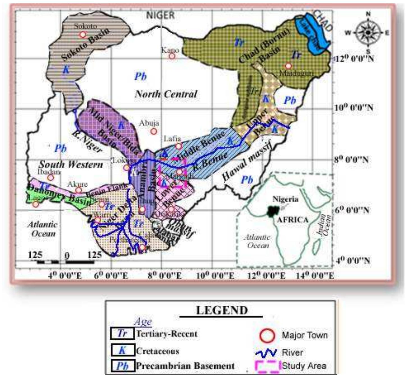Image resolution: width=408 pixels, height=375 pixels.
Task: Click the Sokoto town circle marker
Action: pos(82,34)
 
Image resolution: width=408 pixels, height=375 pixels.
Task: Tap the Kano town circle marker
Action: pos(172,56)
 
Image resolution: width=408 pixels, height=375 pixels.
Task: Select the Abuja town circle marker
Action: pos(153,131)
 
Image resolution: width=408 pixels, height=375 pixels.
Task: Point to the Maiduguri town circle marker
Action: pos(288,66)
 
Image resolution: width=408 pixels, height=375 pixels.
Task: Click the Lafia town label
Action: pos(172,139)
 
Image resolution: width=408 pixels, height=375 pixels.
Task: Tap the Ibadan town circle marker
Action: pos(51,178)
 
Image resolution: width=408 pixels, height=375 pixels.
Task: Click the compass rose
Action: pos(368,32)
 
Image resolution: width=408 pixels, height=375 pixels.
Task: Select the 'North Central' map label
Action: pos(166,94)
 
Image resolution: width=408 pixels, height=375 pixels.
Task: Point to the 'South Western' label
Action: pos(71,164)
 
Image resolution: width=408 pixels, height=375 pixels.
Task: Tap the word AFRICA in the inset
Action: pos(292,220)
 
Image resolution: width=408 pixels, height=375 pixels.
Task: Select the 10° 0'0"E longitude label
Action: pos(215,276)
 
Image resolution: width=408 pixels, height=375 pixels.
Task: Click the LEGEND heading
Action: pos(222,310)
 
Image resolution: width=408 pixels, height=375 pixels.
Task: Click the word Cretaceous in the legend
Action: pos(157,351)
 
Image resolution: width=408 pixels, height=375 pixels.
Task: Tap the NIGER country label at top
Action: pos(161,15)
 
